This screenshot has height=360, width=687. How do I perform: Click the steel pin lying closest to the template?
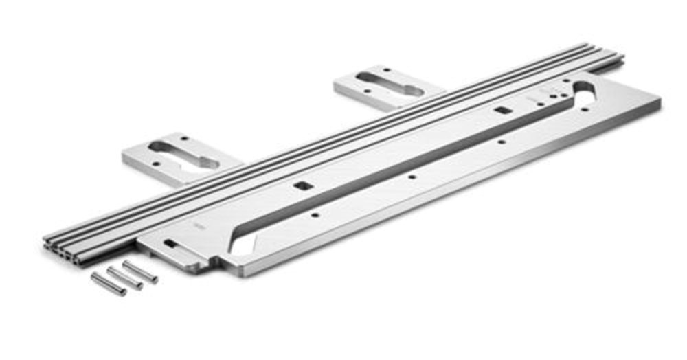[140, 271]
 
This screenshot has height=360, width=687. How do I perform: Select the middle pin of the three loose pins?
[124, 278]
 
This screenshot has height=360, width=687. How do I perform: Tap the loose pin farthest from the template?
[109, 283]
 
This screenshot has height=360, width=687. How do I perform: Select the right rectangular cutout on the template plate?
[502, 111]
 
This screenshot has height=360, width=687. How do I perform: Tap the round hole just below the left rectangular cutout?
[314, 214]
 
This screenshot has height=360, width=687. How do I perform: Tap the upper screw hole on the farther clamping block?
[386, 70]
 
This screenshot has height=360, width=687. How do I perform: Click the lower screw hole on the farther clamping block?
[368, 91]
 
